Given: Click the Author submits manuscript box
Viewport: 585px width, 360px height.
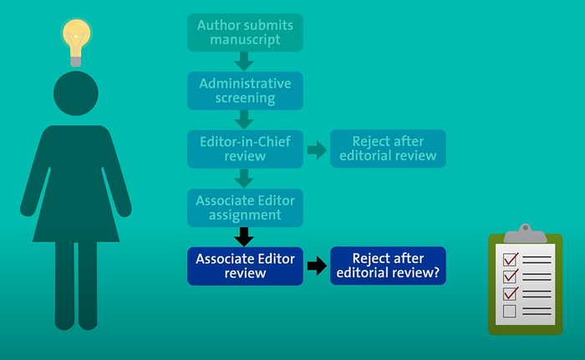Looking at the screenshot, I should (244, 32).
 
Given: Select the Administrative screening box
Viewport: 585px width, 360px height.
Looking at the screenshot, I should (244, 90).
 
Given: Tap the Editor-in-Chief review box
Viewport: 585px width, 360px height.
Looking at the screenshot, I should (244, 149).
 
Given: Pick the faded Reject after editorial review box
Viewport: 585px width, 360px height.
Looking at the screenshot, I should (388, 149).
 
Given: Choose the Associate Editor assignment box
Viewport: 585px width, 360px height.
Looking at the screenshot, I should (244, 208).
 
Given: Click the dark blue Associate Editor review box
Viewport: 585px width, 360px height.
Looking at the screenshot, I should (244, 266).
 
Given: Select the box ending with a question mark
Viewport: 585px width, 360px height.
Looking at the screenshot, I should (388, 266).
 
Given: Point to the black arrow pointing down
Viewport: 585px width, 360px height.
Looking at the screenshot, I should (244, 236).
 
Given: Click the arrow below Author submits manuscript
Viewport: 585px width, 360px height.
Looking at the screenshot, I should (244, 61).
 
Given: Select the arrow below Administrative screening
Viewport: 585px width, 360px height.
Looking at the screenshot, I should (244, 119).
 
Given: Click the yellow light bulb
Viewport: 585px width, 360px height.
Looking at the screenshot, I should (76, 42).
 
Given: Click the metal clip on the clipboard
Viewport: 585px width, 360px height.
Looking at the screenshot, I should (525, 231).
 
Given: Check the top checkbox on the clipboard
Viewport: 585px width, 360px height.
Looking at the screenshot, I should (510, 258).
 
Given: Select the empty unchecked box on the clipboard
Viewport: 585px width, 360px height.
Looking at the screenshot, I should (510, 312).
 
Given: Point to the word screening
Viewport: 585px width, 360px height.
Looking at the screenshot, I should (244, 98).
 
